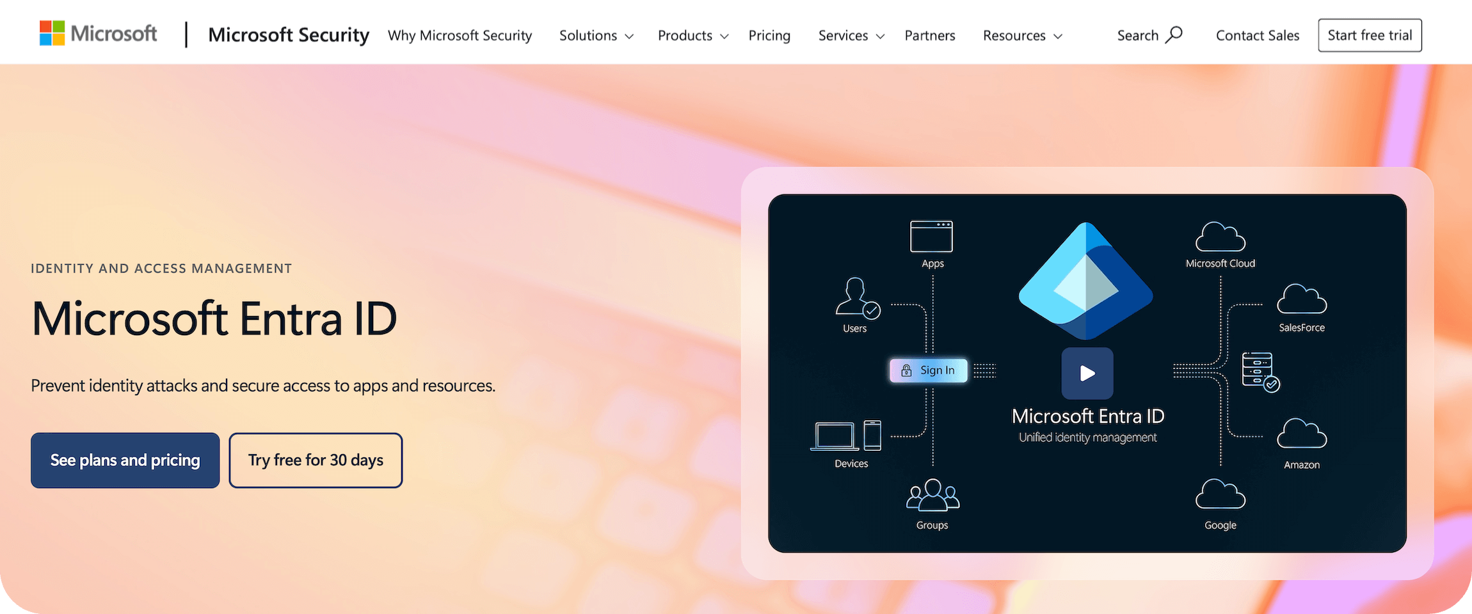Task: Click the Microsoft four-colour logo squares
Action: point(52,33)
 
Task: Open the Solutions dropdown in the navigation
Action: point(596,36)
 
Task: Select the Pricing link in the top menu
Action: point(769,36)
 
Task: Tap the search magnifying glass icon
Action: point(1174,35)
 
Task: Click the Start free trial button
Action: point(1370,35)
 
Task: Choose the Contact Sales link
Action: point(1257,36)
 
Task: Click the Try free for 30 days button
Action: point(316,460)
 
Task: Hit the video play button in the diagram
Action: point(1087,374)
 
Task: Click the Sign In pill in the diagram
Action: point(929,370)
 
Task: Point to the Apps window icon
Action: point(931,237)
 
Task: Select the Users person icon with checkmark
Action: point(857,297)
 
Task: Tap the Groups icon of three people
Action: point(932,496)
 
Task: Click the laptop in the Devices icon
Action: point(835,436)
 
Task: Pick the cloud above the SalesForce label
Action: point(1302,299)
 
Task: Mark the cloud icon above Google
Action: point(1220,494)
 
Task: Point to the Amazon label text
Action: point(1302,465)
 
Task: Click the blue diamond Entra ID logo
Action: point(1086,281)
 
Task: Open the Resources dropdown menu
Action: point(1022,36)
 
